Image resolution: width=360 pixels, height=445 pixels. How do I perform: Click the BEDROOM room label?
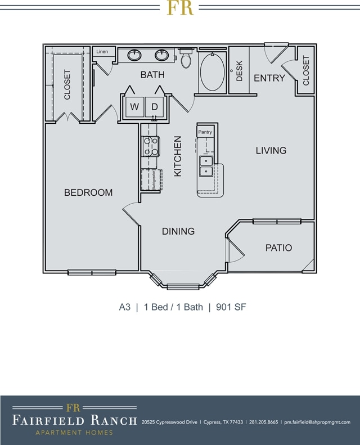point(88,192)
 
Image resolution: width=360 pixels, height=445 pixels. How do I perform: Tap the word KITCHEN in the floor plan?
point(178,156)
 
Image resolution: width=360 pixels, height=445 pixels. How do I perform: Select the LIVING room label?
point(271,150)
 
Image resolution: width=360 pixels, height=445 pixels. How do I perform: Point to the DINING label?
point(178,231)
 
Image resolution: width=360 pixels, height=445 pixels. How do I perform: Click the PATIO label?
point(278,248)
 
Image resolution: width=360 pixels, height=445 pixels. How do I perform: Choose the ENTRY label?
point(269,78)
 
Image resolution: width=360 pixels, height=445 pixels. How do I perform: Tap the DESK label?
point(239,71)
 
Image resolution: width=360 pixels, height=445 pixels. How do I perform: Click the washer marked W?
point(134,106)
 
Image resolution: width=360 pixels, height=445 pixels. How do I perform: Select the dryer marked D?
point(155,106)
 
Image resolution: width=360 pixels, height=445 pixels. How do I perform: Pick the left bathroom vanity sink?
point(134,55)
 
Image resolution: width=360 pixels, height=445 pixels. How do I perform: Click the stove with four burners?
point(151,146)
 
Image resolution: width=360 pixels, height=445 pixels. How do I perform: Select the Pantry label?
point(205,132)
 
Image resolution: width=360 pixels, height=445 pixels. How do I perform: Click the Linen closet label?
point(102,52)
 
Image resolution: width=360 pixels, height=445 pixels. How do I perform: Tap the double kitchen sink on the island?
point(206,167)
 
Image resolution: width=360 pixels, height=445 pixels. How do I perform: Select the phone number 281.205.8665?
point(263,422)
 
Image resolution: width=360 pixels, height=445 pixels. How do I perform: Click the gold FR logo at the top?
point(179,7)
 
